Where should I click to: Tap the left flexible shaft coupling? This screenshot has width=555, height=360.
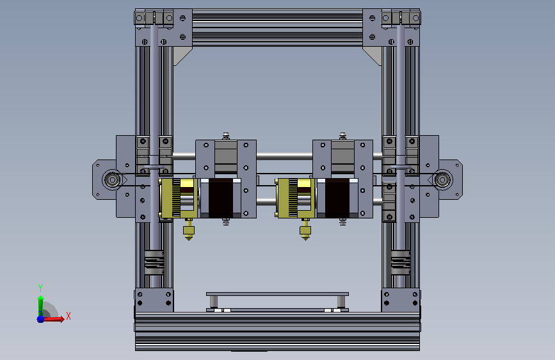click(x=154, y=263)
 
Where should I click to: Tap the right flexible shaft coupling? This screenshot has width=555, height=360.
click(x=400, y=263)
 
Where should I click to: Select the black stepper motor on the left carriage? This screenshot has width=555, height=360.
click(x=221, y=198)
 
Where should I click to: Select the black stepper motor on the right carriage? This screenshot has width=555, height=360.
click(x=337, y=198)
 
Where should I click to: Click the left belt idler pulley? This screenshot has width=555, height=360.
click(x=113, y=179)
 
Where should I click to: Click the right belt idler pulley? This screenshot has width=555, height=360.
click(x=442, y=179)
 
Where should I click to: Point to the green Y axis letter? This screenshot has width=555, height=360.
click(x=40, y=288)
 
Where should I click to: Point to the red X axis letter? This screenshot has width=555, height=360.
click(x=68, y=316)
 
